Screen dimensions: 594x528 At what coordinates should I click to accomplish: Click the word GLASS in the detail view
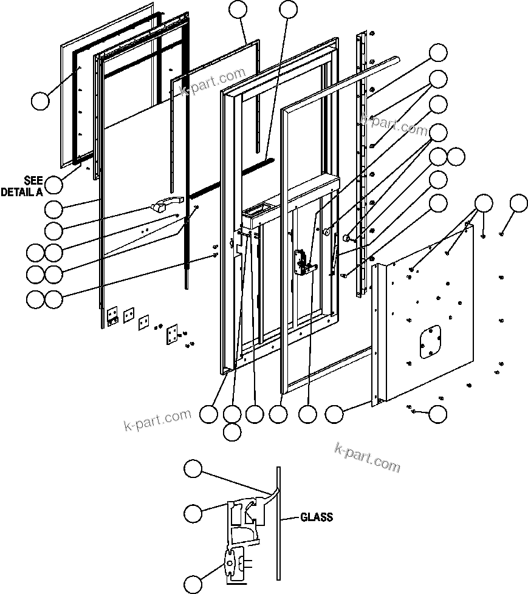(x=316, y=517)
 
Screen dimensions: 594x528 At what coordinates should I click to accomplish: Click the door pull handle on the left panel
(x=167, y=205)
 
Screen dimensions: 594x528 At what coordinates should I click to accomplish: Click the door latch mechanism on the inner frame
(x=301, y=262)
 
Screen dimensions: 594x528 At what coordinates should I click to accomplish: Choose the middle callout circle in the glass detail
(x=193, y=513)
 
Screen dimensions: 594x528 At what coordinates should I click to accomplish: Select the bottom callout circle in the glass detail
(x=193, y=583)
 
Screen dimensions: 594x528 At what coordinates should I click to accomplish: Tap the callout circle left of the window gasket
(x=40, y=101)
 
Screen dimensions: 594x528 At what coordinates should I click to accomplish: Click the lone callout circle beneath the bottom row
(x=231, y=432)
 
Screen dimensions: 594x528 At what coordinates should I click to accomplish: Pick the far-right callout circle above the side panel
(x=518, y=203)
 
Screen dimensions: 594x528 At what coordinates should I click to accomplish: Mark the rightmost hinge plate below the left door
(x=172, y=333)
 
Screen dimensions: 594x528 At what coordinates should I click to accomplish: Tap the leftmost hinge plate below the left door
(x=112, y=315)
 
